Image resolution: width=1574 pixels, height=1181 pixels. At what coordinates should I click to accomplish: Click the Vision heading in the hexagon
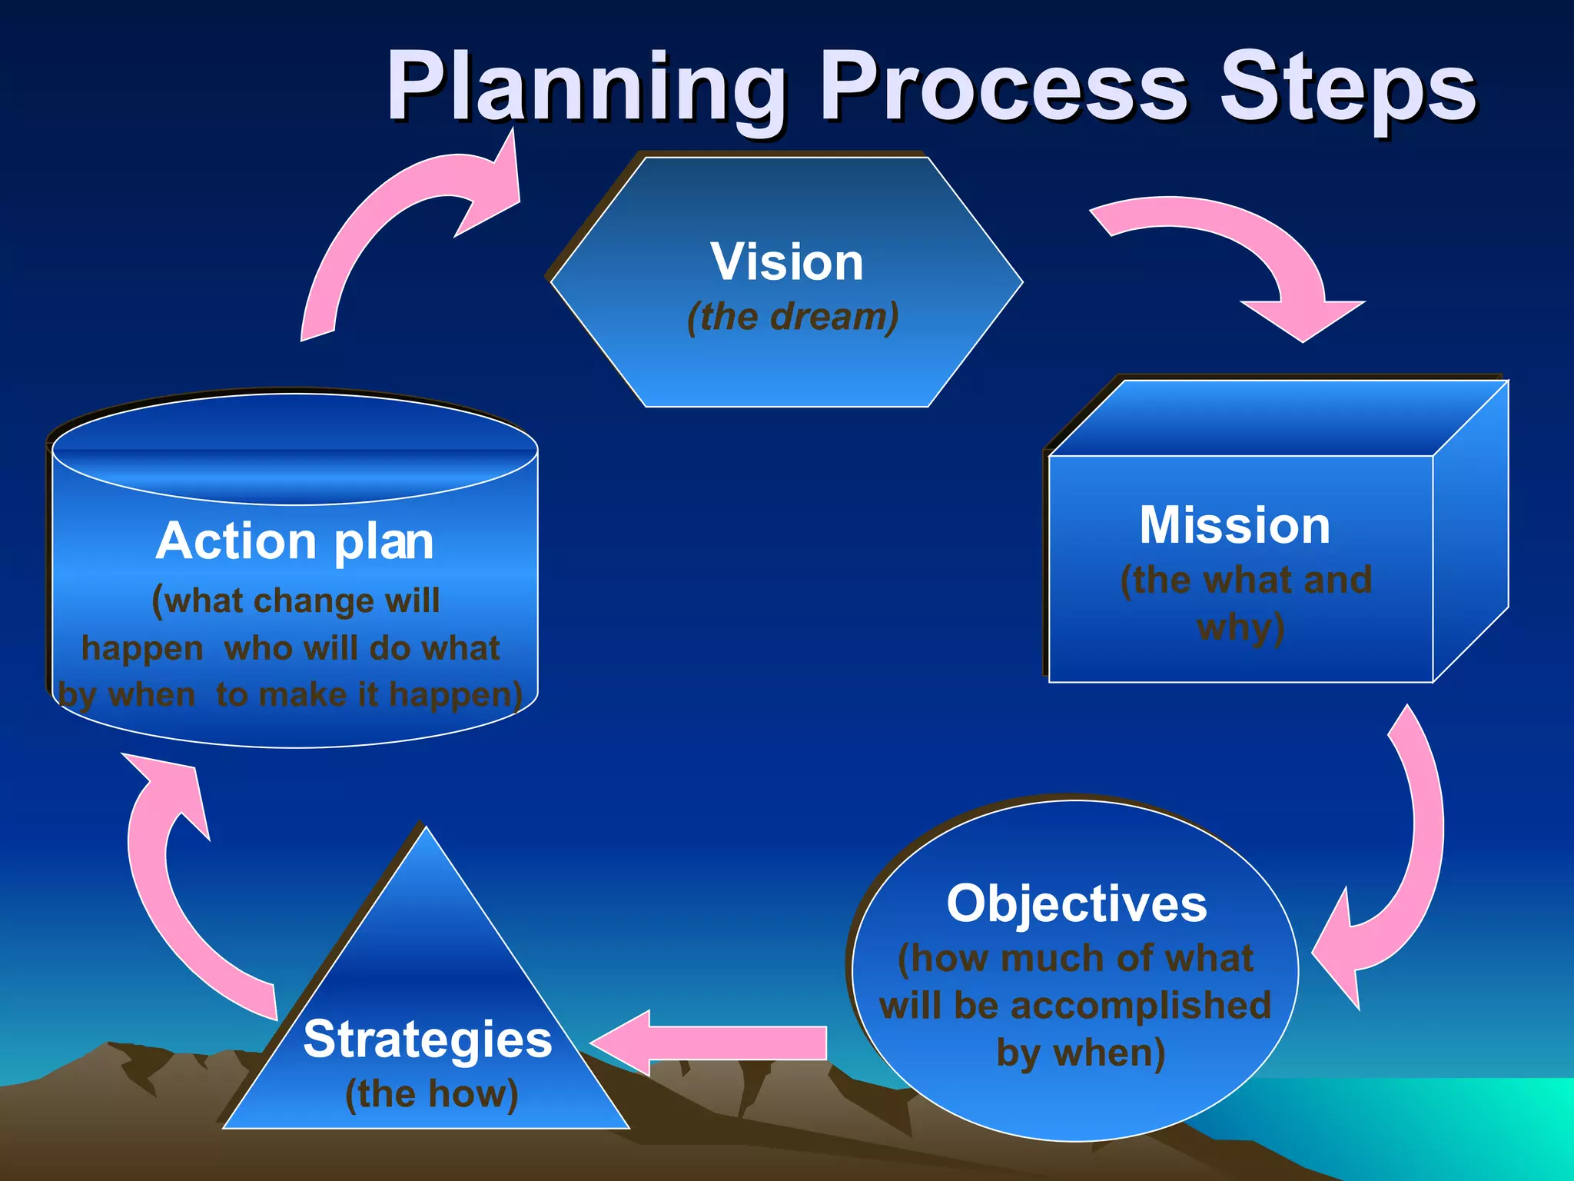point(787,262)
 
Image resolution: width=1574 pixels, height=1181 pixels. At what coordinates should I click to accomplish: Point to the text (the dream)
point(792,317)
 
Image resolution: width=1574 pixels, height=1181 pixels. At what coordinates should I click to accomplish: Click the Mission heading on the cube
point(1234,526)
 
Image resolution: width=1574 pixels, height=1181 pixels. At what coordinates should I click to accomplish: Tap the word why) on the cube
point(1240,627)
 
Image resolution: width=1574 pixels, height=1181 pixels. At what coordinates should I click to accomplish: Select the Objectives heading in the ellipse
point(1076,903)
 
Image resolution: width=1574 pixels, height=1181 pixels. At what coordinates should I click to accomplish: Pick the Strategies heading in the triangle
point(427,1040)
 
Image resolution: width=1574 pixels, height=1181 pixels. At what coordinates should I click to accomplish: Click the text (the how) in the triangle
point(431,1093)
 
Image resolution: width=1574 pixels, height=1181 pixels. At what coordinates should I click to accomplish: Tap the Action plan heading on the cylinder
point(295,541)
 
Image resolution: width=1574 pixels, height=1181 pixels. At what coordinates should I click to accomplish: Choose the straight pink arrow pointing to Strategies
point(715,1043)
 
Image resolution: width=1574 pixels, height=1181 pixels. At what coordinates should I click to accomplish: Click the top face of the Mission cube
point(1276,419)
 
